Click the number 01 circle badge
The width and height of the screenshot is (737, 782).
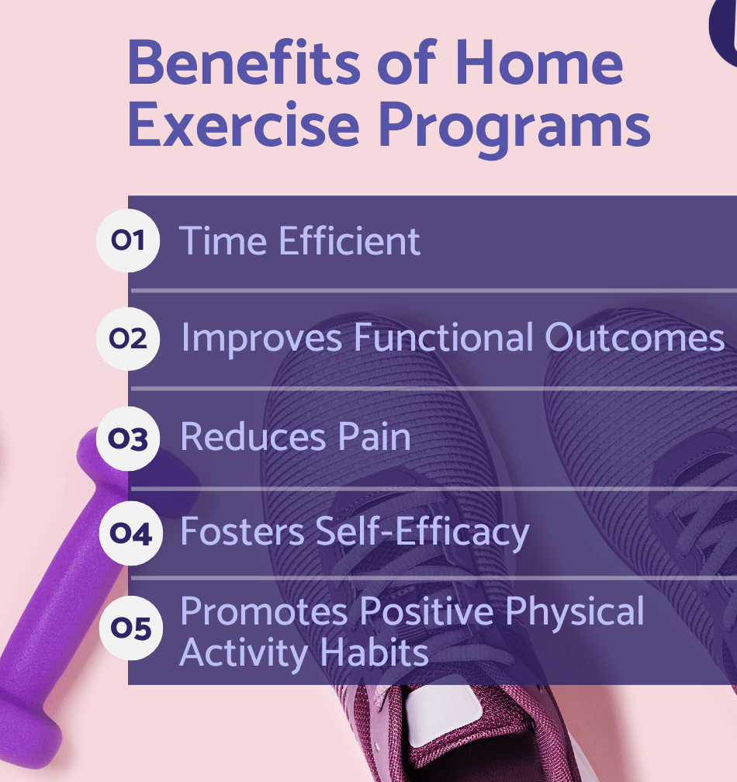[128, 240]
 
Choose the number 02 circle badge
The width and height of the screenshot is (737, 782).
[128, 338]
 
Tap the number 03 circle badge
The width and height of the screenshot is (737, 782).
[128, 438]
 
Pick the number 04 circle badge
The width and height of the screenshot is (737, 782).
[130, 533]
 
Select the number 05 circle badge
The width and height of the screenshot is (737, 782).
[130, 628]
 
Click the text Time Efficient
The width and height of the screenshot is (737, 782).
[299, 240]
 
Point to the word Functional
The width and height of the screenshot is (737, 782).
[444, 337]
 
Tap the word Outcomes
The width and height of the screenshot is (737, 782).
[635, 337]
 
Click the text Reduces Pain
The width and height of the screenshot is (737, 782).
[296, 437]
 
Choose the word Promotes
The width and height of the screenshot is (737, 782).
[265, 611]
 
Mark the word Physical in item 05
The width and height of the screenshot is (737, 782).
[575, 612]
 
